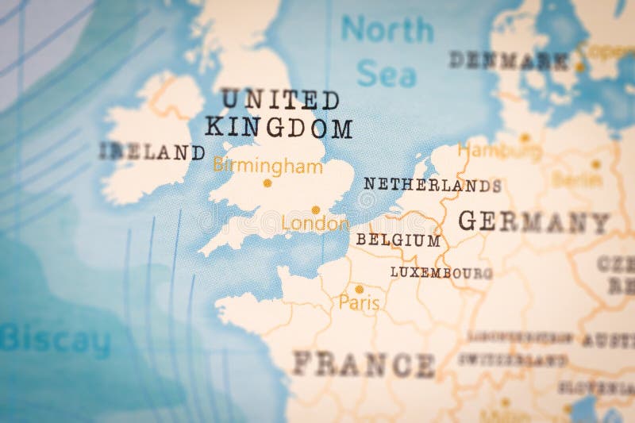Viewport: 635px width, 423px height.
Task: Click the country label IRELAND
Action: [152, 152]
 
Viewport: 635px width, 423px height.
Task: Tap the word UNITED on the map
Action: [279, 100]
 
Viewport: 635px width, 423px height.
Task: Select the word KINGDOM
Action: [279, 127]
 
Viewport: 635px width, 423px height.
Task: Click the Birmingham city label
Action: [267, 167]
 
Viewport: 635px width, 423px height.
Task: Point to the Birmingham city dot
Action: [267, 183]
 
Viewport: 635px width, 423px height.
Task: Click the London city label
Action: [315, 225]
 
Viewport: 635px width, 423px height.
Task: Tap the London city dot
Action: [315, 210]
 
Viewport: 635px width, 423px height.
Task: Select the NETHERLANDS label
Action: [432, 185]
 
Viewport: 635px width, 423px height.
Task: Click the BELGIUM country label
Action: [398, 240]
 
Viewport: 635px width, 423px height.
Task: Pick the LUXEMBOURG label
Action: [441, 272]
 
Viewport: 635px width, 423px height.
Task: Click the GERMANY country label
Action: [533, 221]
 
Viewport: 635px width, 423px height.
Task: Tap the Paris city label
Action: [359, 302]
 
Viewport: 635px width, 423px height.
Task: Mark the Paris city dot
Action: [359, 289]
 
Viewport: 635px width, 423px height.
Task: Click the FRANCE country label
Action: [364, 364]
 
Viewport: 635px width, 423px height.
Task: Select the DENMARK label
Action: [508, 60]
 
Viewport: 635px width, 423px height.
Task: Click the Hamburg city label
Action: [500, 150]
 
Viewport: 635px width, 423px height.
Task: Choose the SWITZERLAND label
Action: [512, 360]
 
